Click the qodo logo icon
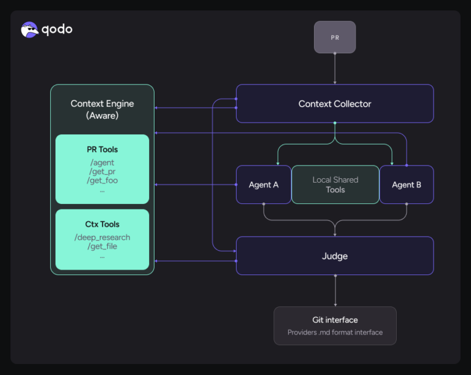29,29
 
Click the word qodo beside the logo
57,29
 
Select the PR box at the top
335,37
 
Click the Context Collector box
335,104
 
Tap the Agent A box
264,184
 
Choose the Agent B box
407,184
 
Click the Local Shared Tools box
335,184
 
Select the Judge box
335,256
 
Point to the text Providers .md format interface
335,332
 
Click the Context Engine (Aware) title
102,109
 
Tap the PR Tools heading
102,150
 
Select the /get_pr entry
102,172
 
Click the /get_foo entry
102,180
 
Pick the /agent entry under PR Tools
102,163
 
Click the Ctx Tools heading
102,224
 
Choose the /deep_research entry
102,237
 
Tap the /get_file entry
102,246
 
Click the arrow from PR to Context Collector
335,69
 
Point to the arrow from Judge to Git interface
335,290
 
